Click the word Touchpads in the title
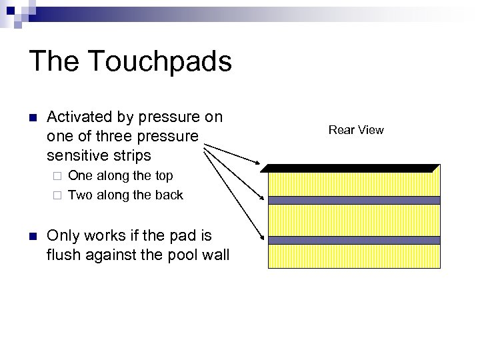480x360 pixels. [x=160, y=62]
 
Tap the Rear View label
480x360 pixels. [x=356, y=130]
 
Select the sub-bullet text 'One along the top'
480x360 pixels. [x=121, y=176]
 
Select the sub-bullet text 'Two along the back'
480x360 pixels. [x=125, y=195]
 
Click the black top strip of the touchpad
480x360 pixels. [x=353, y=168]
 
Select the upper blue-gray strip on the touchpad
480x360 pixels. [x=353, y=200]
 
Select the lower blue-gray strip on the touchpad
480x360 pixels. [x=353, y=240]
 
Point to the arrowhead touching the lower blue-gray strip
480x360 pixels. [x=263, y=235]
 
